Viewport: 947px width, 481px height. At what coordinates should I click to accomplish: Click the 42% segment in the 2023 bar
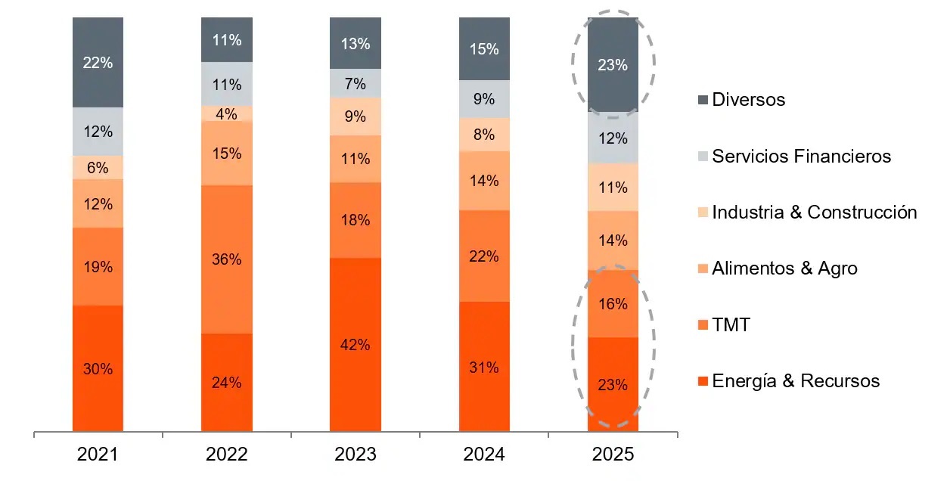tap(355, 345)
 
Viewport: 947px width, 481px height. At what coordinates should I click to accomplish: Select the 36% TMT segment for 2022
tap(227, 259)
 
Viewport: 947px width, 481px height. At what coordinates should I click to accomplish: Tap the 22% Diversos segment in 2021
tap(98, 63)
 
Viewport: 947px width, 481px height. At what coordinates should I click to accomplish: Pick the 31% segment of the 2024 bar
tap(484, 368)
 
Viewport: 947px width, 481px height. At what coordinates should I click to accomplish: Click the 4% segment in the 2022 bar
tap(227, 113)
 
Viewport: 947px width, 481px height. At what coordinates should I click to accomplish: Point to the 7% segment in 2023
tap(355, 83)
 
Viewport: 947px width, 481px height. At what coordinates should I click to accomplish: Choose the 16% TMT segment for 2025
tap(613, 304)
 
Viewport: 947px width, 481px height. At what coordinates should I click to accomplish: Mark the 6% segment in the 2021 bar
tap(98, 168)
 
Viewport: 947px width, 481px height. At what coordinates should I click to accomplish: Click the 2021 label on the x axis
tap(98, 455)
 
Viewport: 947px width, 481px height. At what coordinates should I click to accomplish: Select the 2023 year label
tap(355, 455)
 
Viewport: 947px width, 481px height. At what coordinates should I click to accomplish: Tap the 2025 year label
tap(613, 455)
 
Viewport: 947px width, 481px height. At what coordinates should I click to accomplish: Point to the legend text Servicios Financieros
tap(801, 157)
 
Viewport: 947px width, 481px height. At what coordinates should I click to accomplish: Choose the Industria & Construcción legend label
tap(814, 213)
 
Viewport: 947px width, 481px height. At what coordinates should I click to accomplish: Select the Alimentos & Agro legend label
tap(784, 268)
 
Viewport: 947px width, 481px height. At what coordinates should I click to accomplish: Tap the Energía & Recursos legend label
tap(796, 380)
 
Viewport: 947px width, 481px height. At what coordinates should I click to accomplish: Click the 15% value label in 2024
tap(484, 49)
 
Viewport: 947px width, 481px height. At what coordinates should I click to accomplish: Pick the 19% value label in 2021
tap(98, 266)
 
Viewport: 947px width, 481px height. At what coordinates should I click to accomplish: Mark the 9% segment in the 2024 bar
tap(484, 99)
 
